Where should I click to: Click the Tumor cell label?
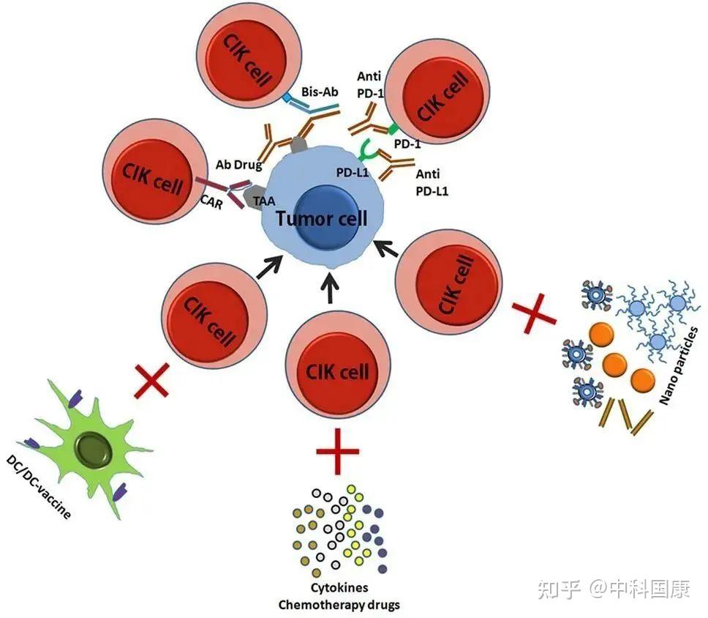click(322, 219)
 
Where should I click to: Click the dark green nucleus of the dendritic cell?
click(95, 447)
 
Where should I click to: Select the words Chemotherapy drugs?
click(338, 604)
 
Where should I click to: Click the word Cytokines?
click(338, 588)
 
